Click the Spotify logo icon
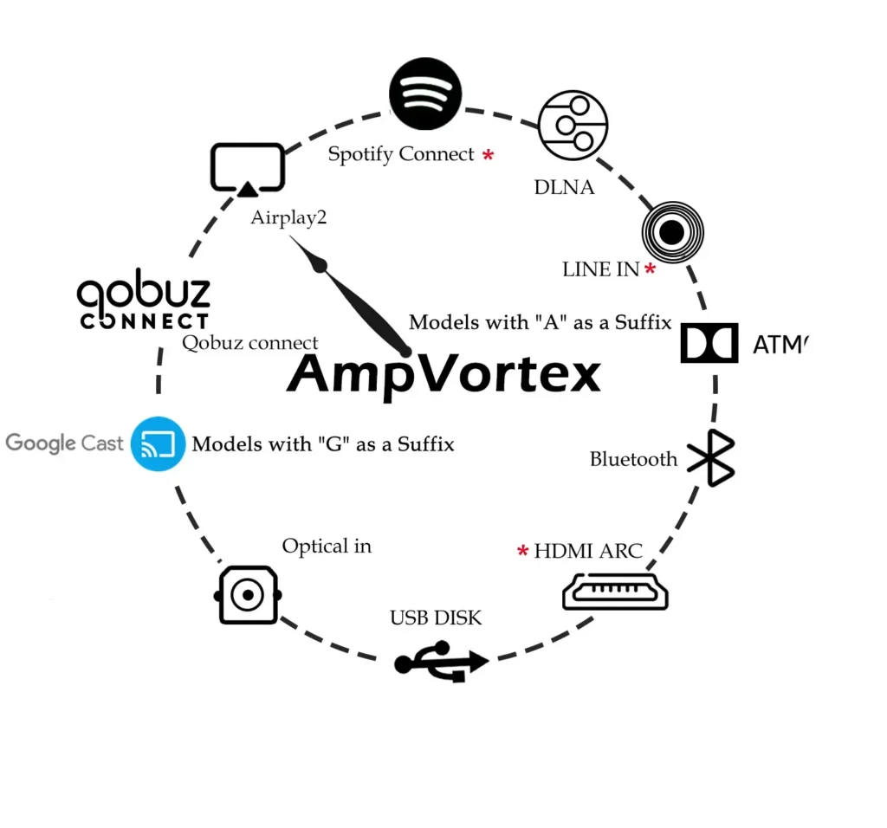[x=425, y=93]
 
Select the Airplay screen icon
[x=248, y=168]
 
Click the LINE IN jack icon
[x=672, y=231]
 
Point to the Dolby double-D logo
[x=709, y=343]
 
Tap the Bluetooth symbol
[x=711, y=457]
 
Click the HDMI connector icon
[x=616, y=592]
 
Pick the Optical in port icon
[x=248, y=595]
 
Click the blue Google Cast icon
[x=159, y=443]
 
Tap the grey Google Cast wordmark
[x=64, y=443]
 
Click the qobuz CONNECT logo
[x=144, y=304]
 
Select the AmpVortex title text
[x=443, y=375]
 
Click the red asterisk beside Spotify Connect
[x=489, y=156]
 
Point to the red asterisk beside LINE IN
[x=650, y=270]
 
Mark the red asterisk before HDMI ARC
[x=523, y=552]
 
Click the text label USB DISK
[x=436, y=618]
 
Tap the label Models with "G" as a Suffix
[x=323, y=444]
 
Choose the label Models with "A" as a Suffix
[x=540, y=323]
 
